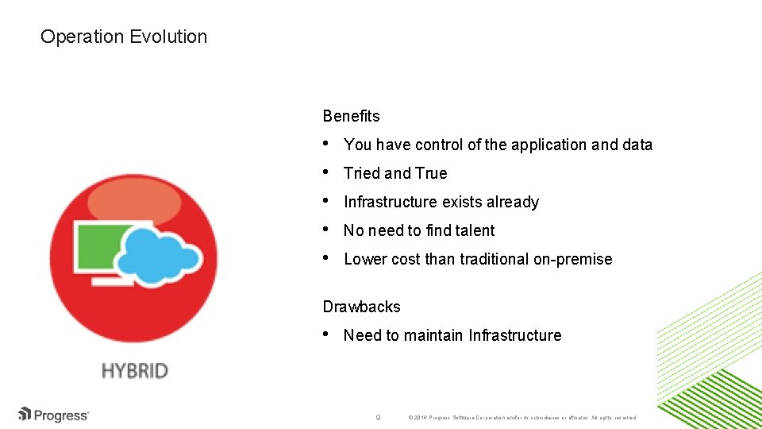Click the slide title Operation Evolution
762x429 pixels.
click(123, 37)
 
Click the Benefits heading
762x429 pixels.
click(351, 116)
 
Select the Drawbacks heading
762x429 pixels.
click(361, 307)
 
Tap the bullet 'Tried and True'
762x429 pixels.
click(395, 173)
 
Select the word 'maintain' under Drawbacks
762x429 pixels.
click(433, 335)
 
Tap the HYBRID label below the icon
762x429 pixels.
click(135, 371)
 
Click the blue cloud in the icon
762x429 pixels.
click(163, 249)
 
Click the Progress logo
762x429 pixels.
click(54, 415)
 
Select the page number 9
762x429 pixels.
click(379, 416)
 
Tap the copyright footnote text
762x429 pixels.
click(521, 417)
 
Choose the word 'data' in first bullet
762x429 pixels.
click(637, 145)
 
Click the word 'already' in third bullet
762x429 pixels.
click(513, 202)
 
